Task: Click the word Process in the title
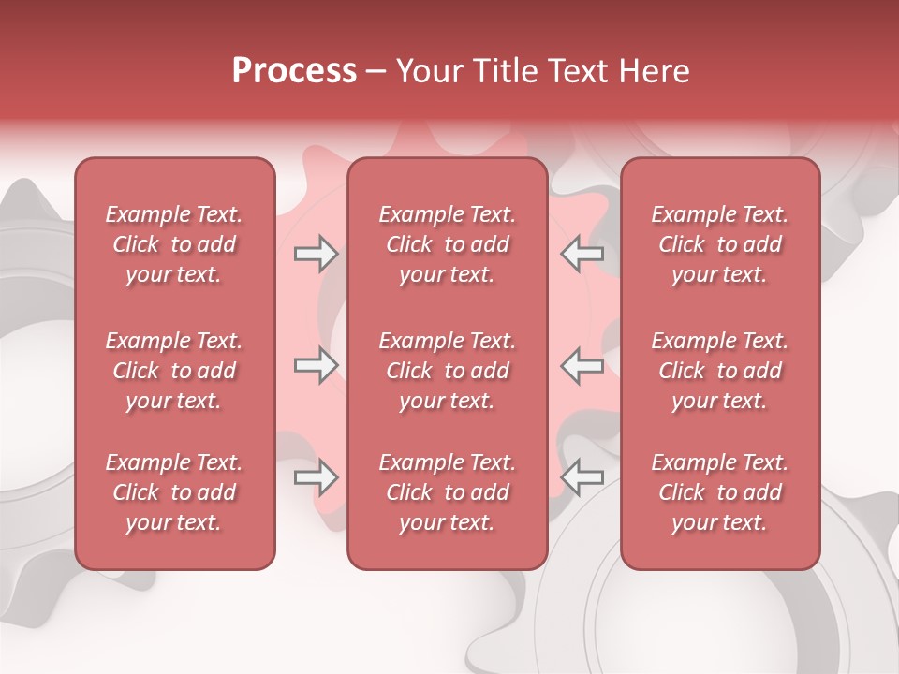click(294, 71)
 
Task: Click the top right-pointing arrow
click(317, 254)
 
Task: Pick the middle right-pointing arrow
click(317, 366)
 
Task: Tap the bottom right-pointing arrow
click(317, 478)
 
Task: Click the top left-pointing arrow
click(582, 254)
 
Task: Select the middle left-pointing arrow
click(582, 366)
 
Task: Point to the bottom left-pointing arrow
click(582, 478)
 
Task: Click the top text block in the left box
click(174, 244)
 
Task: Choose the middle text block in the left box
click(174, 371)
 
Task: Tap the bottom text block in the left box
click(174, 492)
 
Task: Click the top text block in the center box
click(448, 244)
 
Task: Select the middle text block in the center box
click(448, 371)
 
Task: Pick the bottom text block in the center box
click(448, 492)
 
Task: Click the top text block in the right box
click(720, 244)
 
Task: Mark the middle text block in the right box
click(720, 371)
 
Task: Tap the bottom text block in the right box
click(720, 492)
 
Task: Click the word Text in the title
click(576, 71)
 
